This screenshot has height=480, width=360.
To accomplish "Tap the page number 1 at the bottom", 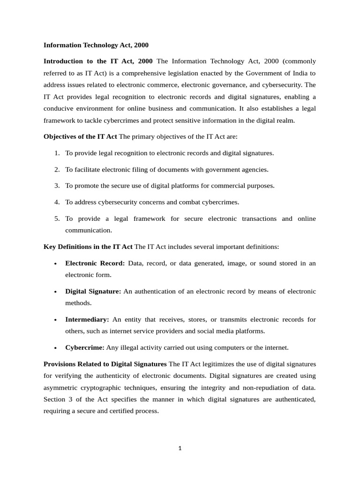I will [x=180, y=448].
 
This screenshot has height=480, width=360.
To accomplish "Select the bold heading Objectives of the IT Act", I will [x=80, y=136].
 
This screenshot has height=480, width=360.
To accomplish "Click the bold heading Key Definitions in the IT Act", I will [x=88, y=247].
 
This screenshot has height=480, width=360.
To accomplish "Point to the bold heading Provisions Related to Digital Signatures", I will [x=105, y=364].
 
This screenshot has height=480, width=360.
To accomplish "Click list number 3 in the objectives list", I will [x=57, y=186].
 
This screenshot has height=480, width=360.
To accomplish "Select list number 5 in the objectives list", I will [x=57, y=218].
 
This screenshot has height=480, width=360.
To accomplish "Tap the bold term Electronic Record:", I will [x=95, y=263].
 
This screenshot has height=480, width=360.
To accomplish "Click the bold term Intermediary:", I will [x=87, y=319].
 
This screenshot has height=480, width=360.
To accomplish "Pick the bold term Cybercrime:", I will [x=85, y=347].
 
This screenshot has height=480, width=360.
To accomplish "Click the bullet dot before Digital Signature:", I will [x=55, y=292].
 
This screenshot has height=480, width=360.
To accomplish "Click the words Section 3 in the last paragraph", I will [x=58, y=399].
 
